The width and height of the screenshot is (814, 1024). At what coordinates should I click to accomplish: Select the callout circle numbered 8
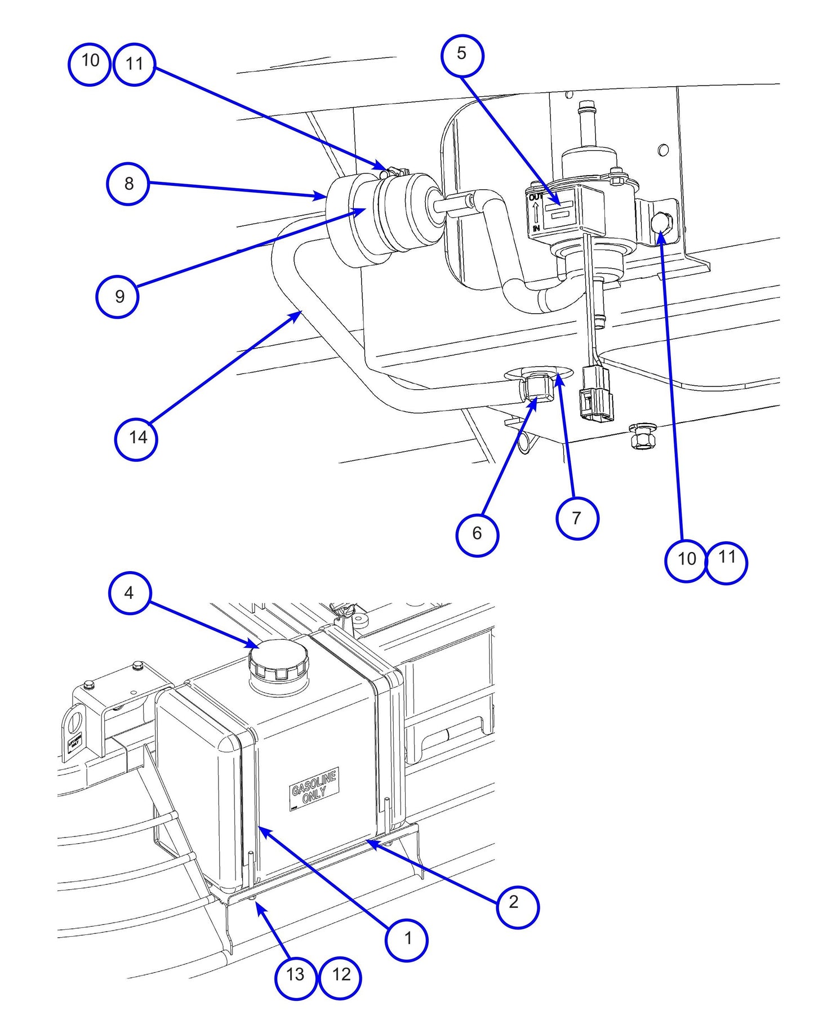[x=128, y=184]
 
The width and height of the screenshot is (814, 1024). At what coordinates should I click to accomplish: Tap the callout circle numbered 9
[x=118, y=296]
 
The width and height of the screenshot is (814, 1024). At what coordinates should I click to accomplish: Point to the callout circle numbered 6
[x=477, y=534]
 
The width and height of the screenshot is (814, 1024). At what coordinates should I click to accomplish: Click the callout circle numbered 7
[x=577, y=518]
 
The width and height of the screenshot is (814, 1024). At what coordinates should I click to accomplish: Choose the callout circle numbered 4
[x=129, y=593]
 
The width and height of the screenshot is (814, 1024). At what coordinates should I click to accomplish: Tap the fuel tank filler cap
[x=279, y=658]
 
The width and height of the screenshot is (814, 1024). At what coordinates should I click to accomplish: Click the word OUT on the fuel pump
[x=535, y=197]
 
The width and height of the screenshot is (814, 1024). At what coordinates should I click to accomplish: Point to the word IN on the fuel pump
[x=536, y=228]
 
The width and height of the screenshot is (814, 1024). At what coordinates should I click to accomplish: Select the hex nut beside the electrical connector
[x=641, y=437]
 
